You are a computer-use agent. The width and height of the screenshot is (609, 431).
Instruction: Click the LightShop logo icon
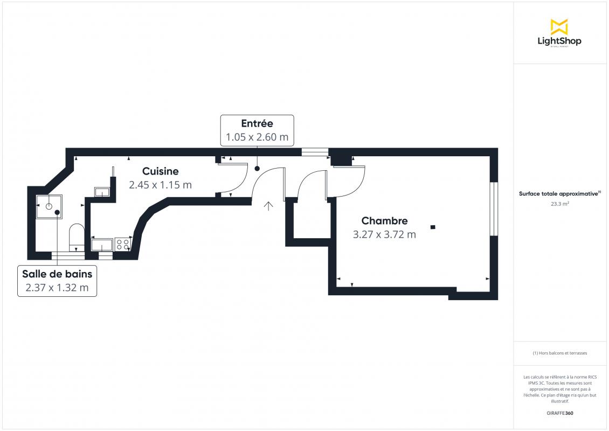(x=559, y=26)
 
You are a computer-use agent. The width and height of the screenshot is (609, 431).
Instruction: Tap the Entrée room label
(x=257, y=123)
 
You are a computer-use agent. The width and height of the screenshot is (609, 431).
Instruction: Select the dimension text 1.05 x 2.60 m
(x=257, y=137)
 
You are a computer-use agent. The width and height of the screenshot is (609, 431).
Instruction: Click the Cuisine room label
(x=161, y=171)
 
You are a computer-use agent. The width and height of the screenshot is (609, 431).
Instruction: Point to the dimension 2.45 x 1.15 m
(x=161, y=185)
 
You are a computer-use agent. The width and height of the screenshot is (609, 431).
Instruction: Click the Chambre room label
(x=384, y=220)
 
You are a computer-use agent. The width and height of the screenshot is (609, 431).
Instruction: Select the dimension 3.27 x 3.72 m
(x=384, y=234)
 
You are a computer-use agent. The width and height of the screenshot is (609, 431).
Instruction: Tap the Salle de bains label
(x=57, y=274)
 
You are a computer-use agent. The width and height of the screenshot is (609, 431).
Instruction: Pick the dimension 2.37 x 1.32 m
(x=57, y=288)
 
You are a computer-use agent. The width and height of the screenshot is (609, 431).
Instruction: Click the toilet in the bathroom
(x=77, y=237)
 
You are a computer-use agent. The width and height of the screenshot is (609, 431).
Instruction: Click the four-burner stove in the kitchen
(x=123, y=244)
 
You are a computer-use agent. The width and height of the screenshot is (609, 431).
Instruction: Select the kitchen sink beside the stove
(x=102, y=245)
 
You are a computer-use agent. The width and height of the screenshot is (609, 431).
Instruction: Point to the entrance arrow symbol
(x=268, y=206)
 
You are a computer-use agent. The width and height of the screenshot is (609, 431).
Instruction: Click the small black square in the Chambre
(x=432, y=227)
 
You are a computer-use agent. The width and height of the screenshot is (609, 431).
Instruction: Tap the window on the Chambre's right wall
(x=493, y=209)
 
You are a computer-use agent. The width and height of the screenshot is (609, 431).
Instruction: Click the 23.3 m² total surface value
(x=560, y=204)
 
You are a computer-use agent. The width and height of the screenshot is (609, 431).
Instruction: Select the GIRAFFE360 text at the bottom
(x=560, y=413)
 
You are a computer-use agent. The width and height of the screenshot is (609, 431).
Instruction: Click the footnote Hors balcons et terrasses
(x=560, y=353)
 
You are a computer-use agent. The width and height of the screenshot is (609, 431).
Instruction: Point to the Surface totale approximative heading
(x=559, y=194)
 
